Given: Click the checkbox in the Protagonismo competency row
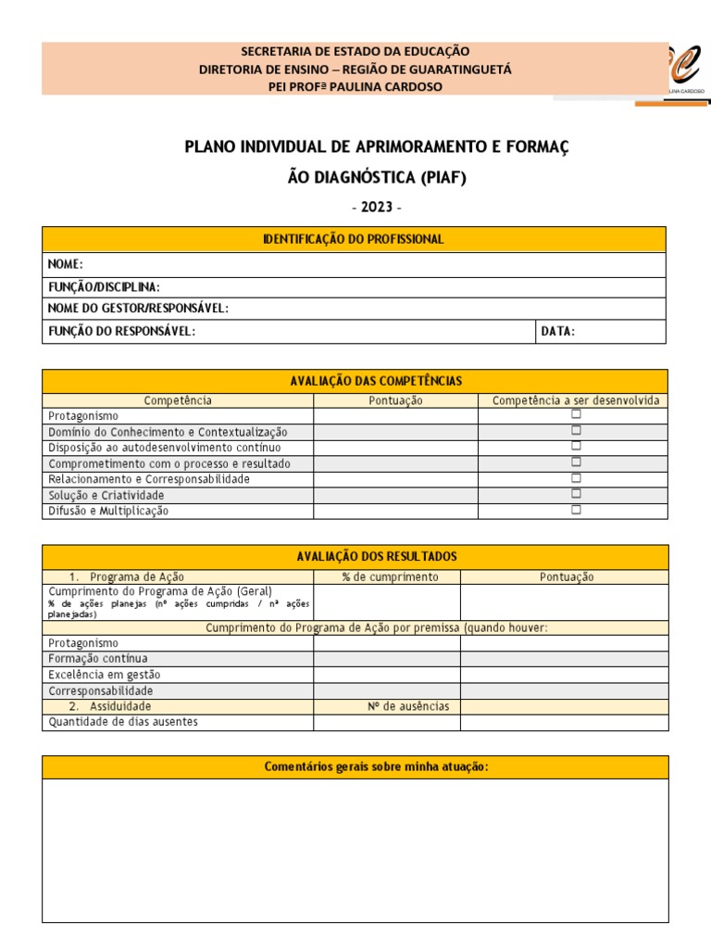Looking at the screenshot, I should (x=576, y=415).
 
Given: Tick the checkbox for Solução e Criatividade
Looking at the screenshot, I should (x=576, y=494).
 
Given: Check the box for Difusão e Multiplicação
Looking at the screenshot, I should (x=576, y=510).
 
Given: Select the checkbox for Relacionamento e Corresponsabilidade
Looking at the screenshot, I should (x=576, y=478).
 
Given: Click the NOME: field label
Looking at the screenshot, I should (x=66, y=264).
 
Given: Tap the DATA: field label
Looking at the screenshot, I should (x=558, y=332).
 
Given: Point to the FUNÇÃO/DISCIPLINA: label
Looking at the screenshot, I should (x=104, y=287).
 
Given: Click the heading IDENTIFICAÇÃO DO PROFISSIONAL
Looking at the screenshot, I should (x=354, y=239).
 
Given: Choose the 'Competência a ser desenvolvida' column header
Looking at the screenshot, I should (x=575, y=400).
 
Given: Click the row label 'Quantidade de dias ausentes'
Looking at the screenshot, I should (x=123, y=722).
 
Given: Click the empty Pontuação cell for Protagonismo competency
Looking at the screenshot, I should (x=395, y=416).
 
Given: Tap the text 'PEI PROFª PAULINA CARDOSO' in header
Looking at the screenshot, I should (x=355, y=86).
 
